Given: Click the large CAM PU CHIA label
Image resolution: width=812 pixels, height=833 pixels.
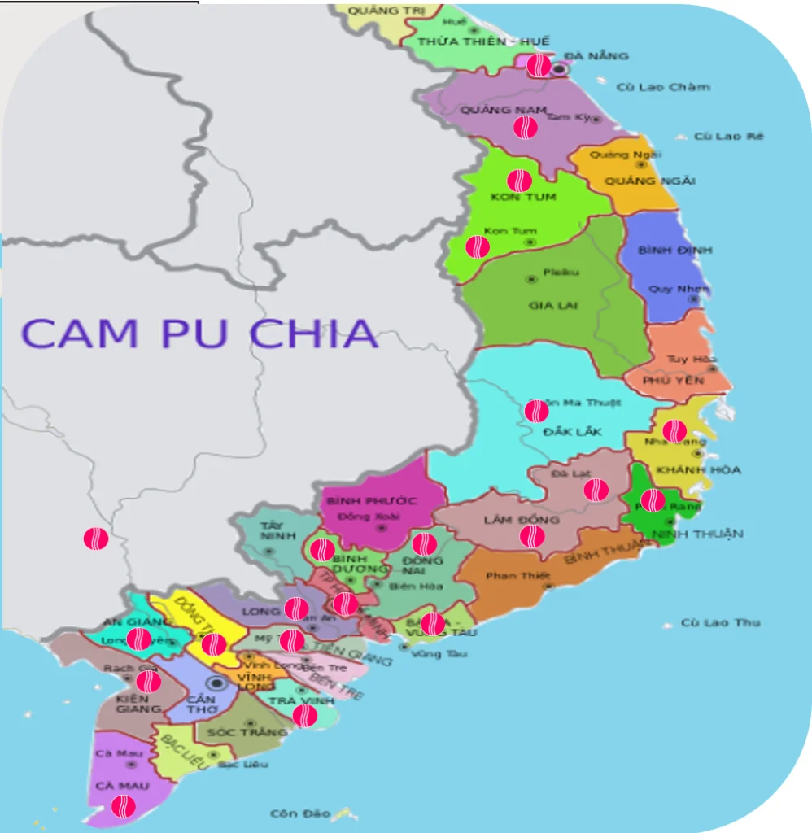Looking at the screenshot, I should (199, 334).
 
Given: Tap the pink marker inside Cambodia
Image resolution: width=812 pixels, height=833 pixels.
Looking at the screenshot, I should (96, 539).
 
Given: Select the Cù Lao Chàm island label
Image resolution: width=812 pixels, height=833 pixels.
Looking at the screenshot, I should (662, 87).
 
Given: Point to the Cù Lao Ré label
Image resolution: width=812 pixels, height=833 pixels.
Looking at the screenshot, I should (728, 137).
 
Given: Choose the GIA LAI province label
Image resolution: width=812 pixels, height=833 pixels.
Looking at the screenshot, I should (552, 306).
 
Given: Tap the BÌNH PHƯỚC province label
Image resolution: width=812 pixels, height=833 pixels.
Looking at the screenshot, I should (371, 500).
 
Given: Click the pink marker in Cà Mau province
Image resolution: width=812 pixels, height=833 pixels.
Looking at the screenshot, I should (123, 806).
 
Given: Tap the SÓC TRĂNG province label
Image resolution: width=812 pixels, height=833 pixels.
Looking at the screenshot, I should (247, 732).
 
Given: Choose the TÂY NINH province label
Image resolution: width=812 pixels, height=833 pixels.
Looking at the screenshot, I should (271, 530).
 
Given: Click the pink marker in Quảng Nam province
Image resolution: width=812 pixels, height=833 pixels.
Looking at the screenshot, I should (525, 127).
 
